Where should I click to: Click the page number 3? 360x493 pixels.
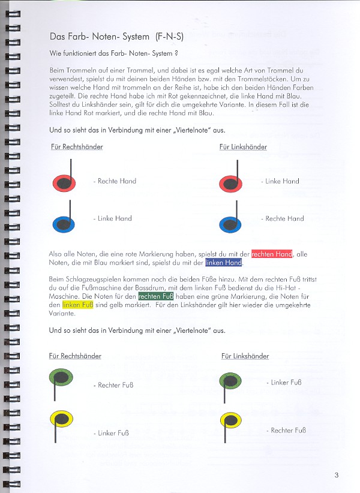click(x=337, y=476)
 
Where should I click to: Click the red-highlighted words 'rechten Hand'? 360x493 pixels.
click(x=271, y=254)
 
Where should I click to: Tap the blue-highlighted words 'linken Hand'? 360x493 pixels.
click(x=224, y=263)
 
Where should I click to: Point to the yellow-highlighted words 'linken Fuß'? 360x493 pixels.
click(x=77, y=305)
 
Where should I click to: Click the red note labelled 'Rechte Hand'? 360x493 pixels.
click(x=64, y=182)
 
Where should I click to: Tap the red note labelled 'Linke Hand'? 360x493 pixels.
click(x=231, y=183)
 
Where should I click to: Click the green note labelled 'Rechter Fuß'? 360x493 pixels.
click(x=61, y=378)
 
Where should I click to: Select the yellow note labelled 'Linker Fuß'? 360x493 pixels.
click(x=61, y=418)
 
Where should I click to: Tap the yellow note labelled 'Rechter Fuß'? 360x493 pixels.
click(x=230, y=419)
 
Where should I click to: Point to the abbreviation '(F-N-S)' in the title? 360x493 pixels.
click(x=169, y=37)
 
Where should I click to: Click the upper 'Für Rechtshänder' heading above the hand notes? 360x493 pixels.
click(x=76, y=147)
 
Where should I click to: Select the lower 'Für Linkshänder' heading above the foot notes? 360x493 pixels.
click(x=245, y=356)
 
